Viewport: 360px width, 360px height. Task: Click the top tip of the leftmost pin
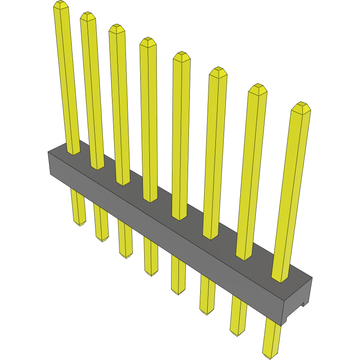(61, 5)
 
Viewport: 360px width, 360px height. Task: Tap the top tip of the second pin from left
(88, 16)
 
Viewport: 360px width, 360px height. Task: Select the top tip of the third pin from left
(117, 28)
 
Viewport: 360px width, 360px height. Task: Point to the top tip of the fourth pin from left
(148, 42)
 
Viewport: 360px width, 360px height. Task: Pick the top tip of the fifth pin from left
(182, 56)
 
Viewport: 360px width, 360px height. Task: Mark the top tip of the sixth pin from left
(218, 72)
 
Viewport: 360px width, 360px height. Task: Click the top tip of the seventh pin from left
(258, 88)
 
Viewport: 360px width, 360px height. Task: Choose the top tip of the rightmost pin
(301, 107)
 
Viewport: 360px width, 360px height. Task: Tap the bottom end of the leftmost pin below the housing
(79, 223)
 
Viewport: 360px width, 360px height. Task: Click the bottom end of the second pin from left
(102, 239)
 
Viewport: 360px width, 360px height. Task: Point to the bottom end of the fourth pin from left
(151, 273)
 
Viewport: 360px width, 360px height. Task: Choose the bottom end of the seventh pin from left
(237, 333)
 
